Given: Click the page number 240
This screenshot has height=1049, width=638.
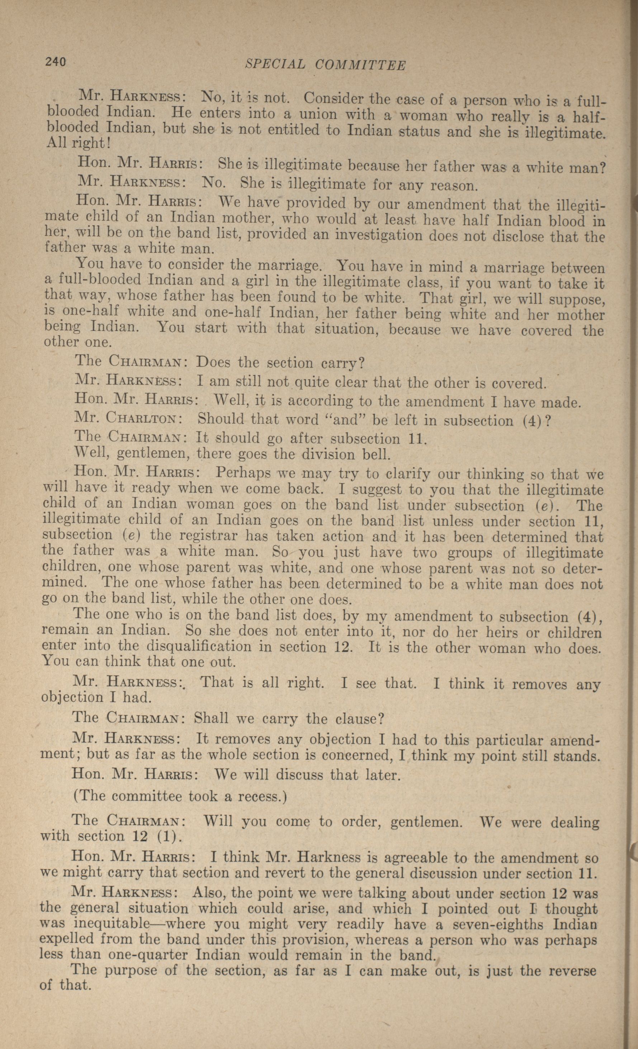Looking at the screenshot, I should (55, 62).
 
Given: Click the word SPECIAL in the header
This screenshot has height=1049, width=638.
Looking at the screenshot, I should (276, 64).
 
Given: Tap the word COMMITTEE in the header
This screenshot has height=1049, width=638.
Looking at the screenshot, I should (360, 65).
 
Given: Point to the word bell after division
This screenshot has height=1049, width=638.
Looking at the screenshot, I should (374, 455).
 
